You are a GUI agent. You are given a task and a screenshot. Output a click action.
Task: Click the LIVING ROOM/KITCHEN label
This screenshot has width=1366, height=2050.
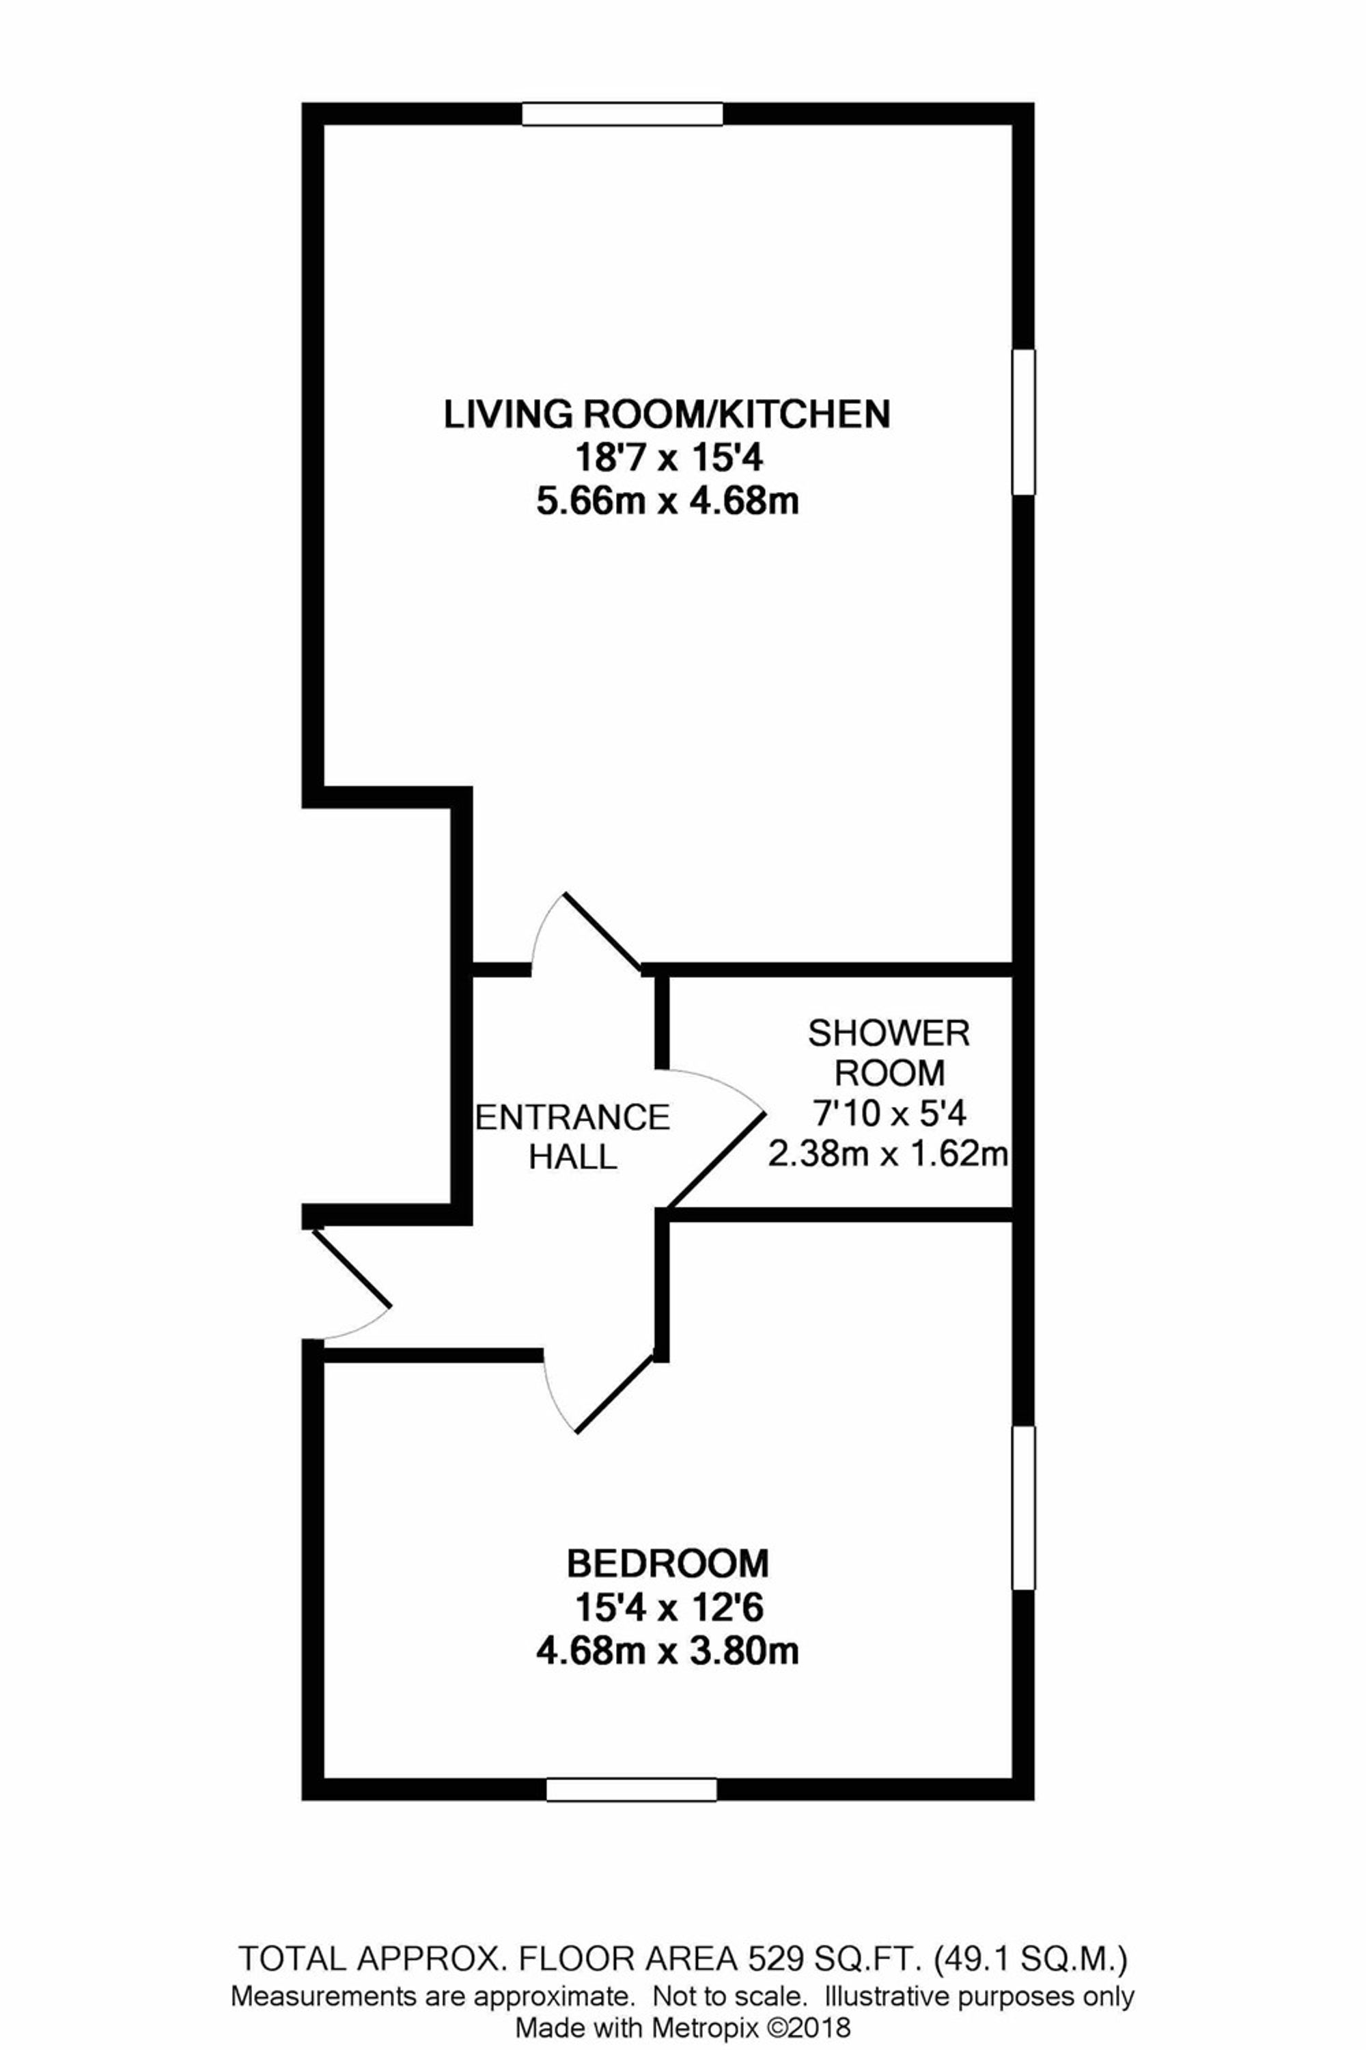667,414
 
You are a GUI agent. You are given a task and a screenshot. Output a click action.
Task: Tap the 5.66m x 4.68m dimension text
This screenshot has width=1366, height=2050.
667,502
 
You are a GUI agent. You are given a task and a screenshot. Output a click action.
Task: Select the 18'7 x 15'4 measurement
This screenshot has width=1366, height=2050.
667,458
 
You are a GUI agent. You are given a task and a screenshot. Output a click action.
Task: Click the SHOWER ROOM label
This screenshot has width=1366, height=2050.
889,1053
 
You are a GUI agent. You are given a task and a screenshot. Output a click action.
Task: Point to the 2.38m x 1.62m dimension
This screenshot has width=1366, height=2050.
889,1155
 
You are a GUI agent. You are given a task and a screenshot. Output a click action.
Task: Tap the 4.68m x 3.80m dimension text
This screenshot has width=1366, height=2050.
667,1652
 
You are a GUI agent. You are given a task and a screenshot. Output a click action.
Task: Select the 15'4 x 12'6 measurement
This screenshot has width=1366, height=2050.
667,1607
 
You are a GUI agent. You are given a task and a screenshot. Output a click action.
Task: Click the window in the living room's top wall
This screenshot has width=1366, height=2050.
622,114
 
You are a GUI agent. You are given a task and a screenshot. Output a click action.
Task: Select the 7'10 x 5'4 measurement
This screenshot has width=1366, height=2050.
889,1113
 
